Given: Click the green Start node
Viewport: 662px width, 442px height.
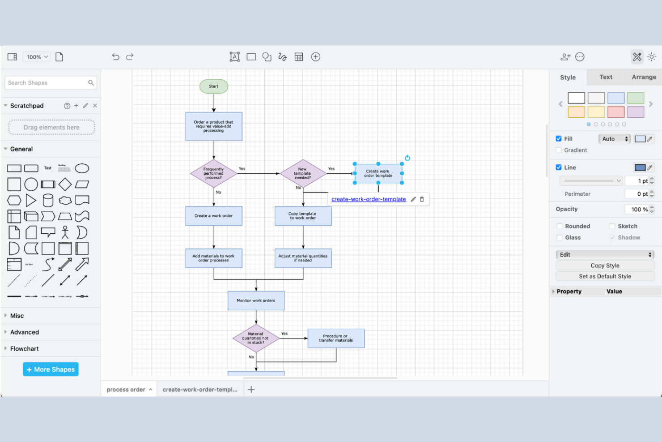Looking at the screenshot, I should pyautogui.click(x=213, y=86).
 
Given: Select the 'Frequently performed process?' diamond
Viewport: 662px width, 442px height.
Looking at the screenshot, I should pyautogui.click(x=213, y=174).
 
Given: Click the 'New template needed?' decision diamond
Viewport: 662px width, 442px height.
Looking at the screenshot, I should pyautogui.click(x=303, y=174).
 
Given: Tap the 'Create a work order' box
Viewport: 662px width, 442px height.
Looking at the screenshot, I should pyautogui.click(x=213, y=216).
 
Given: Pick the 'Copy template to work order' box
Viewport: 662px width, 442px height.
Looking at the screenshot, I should pyautogui.click(x=303, y=216).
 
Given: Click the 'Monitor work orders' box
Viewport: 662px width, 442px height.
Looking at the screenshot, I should pyautogui.click(x=256, y=301).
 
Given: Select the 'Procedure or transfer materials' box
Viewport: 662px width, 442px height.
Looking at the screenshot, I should pyautogui.click(x=336, y=339).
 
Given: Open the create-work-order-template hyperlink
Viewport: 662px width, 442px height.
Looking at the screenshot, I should pyautogui.click(x=369, y=199).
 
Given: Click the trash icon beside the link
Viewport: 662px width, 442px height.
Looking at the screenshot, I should pyautogui.click(x=422, y=199).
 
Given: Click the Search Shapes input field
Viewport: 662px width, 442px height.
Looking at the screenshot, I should pyautogui.click(x=47, y=83).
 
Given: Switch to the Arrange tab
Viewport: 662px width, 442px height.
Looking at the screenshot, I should pyautogui.click(x=644, y=77).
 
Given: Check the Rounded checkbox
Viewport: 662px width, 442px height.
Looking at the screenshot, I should pyautogui.click(x=560, y=226).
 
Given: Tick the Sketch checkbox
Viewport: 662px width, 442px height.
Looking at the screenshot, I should pyautogui.click(x=612, y=226).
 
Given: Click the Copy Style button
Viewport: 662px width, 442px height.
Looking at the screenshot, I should pyautogui.click(x=605, y=266).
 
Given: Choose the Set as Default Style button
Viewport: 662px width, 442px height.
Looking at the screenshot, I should pyautogui.click(x=605, y=276).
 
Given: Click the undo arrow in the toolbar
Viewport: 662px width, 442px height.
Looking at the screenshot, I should pyautogui.click(x=115, y=57).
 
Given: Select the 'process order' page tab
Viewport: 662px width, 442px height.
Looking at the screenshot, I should pyautogui.click(x=126, y=390).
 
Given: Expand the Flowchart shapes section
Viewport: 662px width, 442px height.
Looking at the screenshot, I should pyautogui.click(x=25, y=349).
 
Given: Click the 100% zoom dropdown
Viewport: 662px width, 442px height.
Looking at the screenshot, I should pyautogui.click(x=37, y=57).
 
